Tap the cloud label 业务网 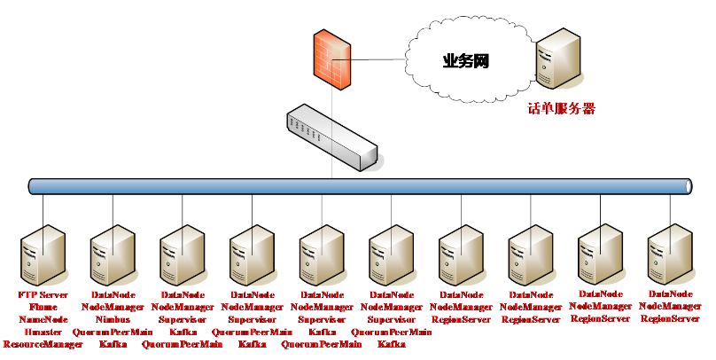pyautogui.click(x=466, y=61)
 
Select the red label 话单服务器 pyautogui.click(x=561, y=109)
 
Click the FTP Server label pyautogui.click(x=43, y=294)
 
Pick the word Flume pyautogui.click(x=43, y=307)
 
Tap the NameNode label pyautogui.click(x=43, y=319)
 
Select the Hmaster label pyautogui.click(x=43, y=332)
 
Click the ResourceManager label pyautogui.click(x=43, y=344)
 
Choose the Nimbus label pyautogui.click(x=113, y=319)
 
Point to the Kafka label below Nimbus pyautogui.click(x=113, y=344)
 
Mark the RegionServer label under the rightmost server pyautogui.click(x=670, y=319)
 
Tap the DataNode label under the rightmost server pyautogui.click(x=670, y=293)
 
